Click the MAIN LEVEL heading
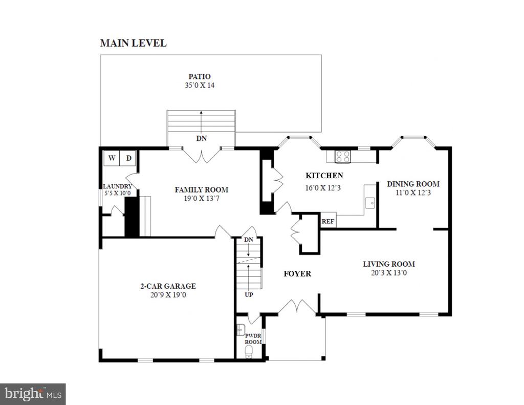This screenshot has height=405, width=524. [134, 43]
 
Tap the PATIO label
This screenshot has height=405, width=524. [200, 77]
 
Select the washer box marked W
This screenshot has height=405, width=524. [112, 158]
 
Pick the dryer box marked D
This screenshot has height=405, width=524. [128, 158]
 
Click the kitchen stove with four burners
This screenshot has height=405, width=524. [342, 157]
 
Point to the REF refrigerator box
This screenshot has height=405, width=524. [328, 221]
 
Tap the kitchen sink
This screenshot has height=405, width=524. [369, 203]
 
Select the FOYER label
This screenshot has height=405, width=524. [297, 273]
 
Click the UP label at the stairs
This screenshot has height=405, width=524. [249, 294]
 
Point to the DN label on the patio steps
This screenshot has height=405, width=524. [202, 138]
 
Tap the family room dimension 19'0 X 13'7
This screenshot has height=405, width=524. [202, 199]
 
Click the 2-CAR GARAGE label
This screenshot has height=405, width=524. [168, 286]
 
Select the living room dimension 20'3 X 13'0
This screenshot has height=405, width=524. [389, 272]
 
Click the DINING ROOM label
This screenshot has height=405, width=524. [413, 184]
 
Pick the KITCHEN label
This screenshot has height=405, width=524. [324, 176]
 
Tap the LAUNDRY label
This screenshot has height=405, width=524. [117, 186]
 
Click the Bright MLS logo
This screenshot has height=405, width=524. [33, 394]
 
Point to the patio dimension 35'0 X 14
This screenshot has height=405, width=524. [200, 86]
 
